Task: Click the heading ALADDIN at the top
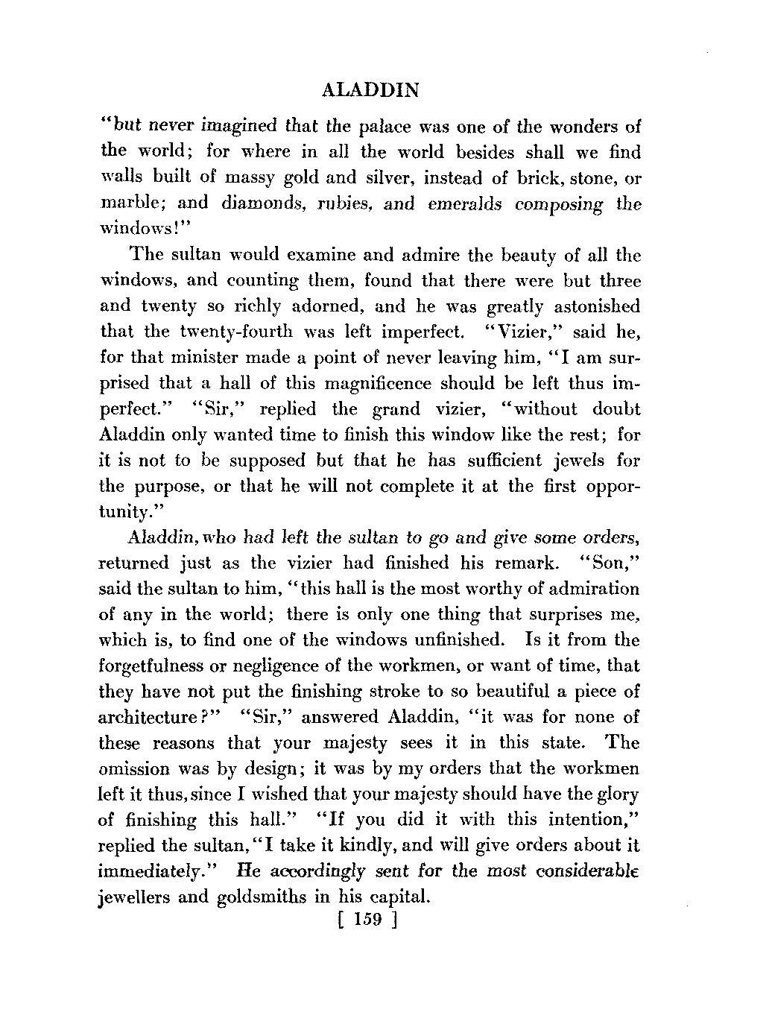tap(368, 91)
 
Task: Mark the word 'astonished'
tap(591, 306)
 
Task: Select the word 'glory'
tap(618, 794)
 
